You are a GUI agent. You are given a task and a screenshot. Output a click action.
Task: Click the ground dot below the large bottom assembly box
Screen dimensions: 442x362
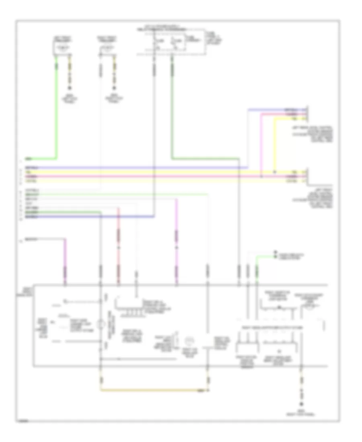pyautogui.click(x=300, y=405)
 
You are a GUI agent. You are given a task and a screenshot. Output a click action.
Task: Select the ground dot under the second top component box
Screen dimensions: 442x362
pyautogui.click(x=114, y=88)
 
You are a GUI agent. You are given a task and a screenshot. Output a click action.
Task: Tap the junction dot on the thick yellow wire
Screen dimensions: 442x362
pyautogui.click(x=275, y=172)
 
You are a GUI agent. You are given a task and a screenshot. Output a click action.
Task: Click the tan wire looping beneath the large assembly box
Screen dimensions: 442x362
pyautogui.click(x=153, y=390)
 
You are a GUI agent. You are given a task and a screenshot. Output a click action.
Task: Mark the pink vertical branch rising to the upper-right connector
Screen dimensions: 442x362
pyautogui.click(x=261, y=145)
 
